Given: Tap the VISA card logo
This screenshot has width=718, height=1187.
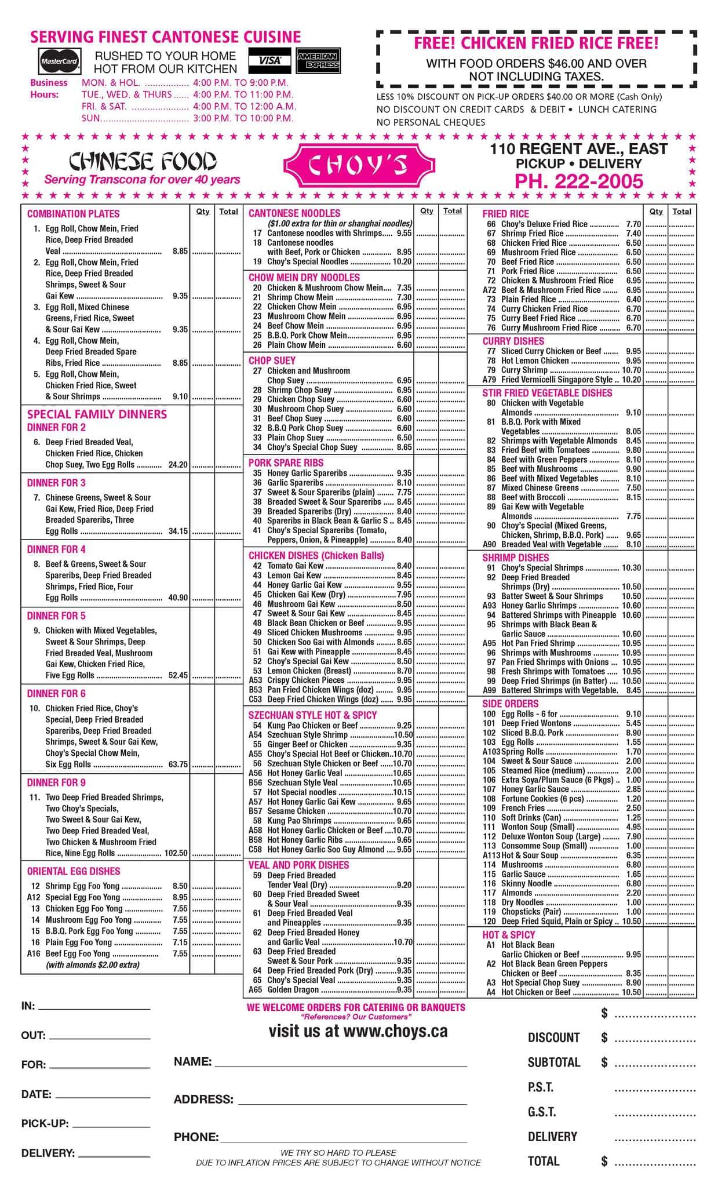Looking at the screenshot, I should tap(269, 60).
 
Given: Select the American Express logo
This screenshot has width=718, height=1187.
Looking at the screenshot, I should tap(318, 60).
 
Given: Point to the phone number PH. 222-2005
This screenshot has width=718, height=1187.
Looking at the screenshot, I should tap(579, 181).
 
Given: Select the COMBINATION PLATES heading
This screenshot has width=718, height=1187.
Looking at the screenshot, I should tap(74, 214).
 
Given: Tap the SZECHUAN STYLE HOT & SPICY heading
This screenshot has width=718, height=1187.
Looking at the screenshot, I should tap(312, 715).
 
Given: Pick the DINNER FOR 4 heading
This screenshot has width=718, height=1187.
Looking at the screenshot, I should tap(56, 549).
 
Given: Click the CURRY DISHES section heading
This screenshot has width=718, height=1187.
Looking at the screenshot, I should tap(513, 341).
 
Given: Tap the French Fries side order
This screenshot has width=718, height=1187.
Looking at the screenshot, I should tap(523, 808).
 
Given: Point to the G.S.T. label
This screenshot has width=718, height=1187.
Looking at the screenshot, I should tap(542, 1112).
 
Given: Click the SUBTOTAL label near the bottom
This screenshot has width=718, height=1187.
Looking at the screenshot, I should tap(553, 1062).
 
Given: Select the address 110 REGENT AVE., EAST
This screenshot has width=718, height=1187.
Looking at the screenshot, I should tap(578, 150).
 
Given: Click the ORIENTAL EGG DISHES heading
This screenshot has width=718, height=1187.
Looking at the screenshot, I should tap(74, 871).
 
